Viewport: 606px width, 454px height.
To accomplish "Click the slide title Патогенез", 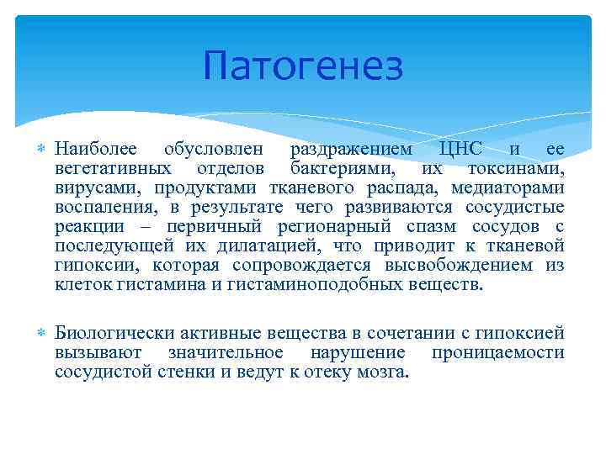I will [303, 67].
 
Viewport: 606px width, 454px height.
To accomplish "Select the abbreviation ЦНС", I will [460, 149].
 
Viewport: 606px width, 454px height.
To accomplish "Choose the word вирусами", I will [90, 187].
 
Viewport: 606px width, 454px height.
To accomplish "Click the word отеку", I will [313, 372].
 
